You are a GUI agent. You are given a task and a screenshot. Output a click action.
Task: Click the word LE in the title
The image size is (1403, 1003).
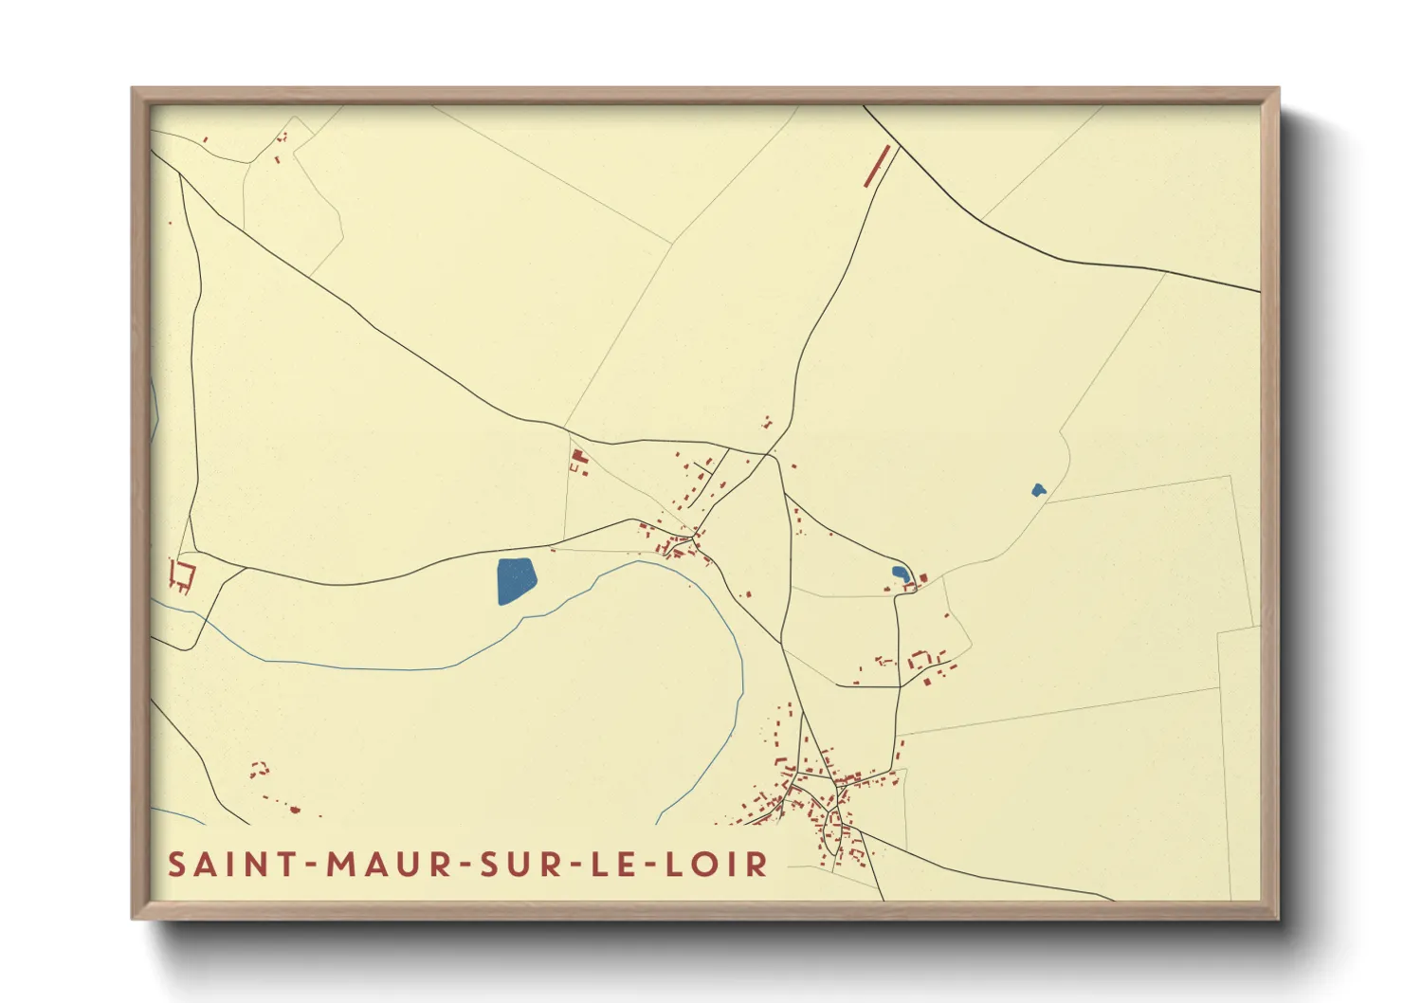click(612, 864)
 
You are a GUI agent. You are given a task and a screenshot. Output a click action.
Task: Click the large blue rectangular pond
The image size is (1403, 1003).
click(516, 580)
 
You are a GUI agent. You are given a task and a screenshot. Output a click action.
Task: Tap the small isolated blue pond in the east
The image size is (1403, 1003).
click(1038, 490)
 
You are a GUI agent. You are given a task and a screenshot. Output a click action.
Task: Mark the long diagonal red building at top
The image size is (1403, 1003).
click(879, 165)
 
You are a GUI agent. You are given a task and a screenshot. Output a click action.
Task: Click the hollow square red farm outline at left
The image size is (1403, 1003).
click(181, 574)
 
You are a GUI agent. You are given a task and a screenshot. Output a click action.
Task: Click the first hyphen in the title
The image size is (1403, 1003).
click(310, 864)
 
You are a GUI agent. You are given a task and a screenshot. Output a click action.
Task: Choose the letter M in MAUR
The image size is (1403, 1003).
click(343, 864)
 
